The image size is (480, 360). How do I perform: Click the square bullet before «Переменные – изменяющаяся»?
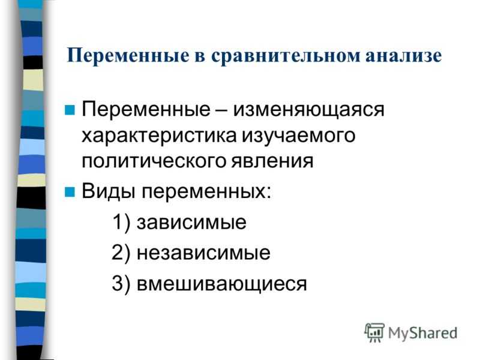coord(70,110)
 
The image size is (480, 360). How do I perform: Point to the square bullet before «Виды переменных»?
coord(70,192)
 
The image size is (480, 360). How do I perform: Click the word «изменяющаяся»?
coord(308,110)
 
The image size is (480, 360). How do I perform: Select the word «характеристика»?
coord(159,136)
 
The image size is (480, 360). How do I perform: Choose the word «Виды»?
coord(109,191)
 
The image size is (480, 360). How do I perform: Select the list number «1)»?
coord(122,223)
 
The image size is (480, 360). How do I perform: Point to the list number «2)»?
coord(121,253)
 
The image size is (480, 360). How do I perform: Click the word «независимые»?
coord(203,253)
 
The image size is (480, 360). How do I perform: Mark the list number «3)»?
coord(121,283)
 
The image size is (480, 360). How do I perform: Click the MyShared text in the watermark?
coord(423,333)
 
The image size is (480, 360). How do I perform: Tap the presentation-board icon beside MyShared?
coord(374,332)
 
